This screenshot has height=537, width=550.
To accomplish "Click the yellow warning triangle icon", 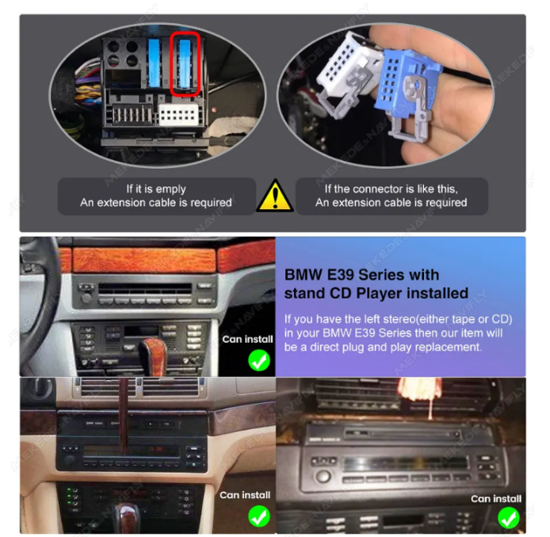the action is coord(275,196).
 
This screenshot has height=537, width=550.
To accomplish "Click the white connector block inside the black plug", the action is coord(178,114).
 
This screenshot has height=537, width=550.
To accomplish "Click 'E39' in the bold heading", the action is coord(340,275).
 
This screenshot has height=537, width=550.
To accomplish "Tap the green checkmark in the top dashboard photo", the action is coord(259,360).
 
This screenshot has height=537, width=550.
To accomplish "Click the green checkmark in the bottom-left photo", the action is coord(259,516).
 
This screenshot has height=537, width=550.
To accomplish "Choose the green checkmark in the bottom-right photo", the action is coord(509,518).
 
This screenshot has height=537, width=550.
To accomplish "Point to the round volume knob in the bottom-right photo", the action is coord(323,476).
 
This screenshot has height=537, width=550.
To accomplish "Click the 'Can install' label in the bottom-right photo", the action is coord(496,499).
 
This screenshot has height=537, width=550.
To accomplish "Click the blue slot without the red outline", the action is coord(155,63).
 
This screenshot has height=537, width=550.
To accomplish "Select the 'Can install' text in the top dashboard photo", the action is coord(247,339).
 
